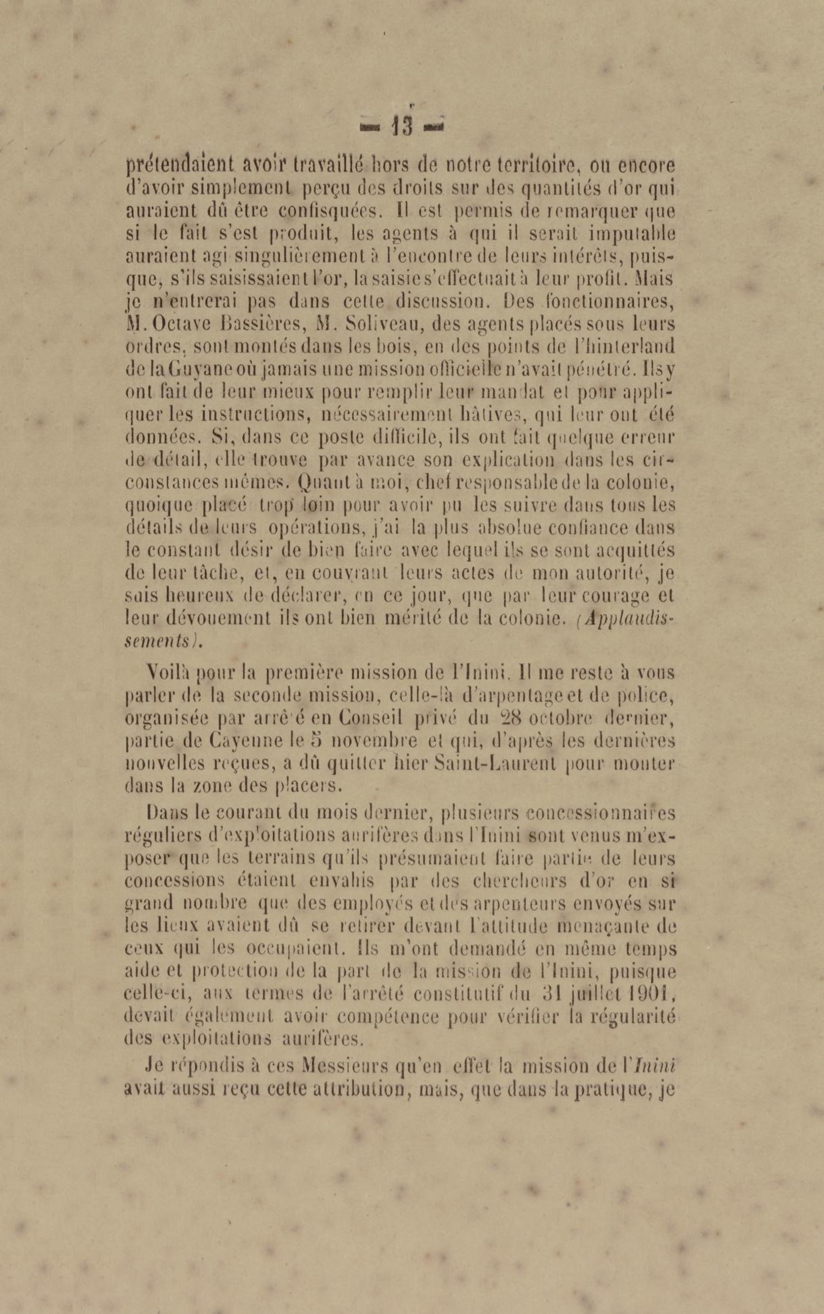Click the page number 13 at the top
tap(402, 126)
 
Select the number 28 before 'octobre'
tap(513, 718)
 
